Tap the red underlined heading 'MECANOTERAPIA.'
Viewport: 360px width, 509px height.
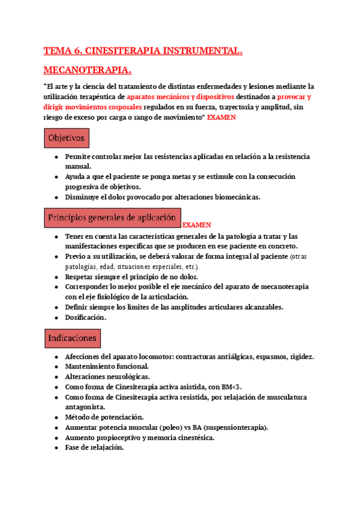coord(88,71)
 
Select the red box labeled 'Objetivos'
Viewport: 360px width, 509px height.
coord(67,138)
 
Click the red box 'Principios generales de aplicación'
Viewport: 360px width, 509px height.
coord(112,217)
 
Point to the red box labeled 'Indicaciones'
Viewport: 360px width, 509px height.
coord(72,339)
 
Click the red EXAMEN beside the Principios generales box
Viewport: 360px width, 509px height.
coord(197,225)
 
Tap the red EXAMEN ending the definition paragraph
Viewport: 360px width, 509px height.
coord(221,118)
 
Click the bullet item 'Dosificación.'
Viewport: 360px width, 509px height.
coord(86,318)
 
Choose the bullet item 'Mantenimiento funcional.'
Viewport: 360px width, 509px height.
coord(107,366)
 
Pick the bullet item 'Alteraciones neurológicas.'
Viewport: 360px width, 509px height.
coord(107,376)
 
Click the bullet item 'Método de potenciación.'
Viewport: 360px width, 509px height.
coord(104,417)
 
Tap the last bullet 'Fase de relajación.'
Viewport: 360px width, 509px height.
coord(94,447)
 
